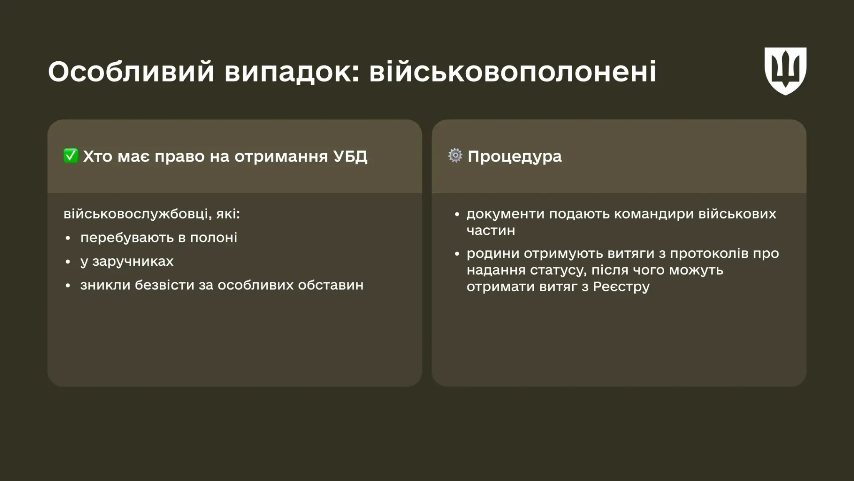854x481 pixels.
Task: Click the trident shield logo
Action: coord(785,71)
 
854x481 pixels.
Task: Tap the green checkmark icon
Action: coord(70,156)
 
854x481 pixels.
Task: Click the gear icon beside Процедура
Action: coord(455,156)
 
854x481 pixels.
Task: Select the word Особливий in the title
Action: coord(131,71)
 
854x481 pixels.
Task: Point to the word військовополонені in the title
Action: coord(512,71)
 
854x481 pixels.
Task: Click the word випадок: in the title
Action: coord(291,71)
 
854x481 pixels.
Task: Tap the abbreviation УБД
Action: coord(350,156)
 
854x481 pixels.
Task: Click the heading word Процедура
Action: coord(515,157)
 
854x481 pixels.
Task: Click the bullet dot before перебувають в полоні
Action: coord(68,238)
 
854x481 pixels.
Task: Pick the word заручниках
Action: coord(133,262)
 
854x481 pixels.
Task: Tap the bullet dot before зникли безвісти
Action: coord(68,286)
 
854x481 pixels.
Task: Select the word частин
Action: coord(491,231)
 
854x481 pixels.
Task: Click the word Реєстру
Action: coord(621,287)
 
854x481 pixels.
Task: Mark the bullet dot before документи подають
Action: coord(457,214)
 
